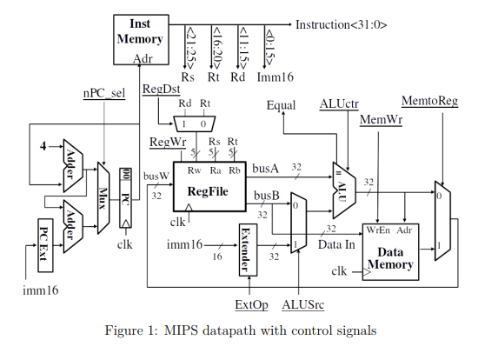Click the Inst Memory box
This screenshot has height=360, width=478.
(x=141, y=38)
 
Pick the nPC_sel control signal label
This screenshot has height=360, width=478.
(x=104, y=93)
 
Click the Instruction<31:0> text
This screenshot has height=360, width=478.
(x=341, y=23)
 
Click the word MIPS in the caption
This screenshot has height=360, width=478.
(x=185, y=331)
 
